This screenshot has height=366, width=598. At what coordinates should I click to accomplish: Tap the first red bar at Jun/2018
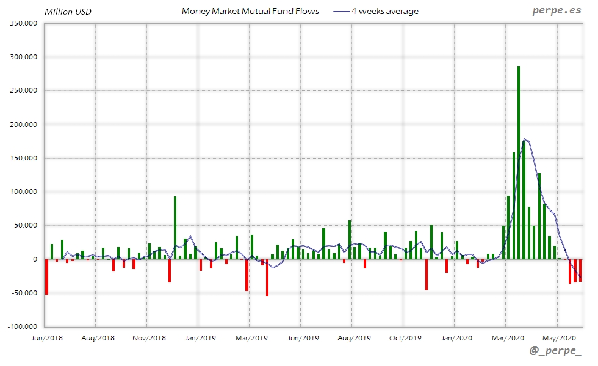(46, 277)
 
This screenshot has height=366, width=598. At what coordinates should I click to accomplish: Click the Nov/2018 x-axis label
(149, 337)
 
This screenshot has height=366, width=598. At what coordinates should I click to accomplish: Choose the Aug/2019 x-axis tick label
(354, 337)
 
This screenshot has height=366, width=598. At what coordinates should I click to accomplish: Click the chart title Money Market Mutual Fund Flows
(250, 11)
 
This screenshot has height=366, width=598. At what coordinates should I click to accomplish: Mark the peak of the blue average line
(524, 139)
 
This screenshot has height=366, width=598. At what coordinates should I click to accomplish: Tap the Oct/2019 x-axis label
(405, 337)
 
